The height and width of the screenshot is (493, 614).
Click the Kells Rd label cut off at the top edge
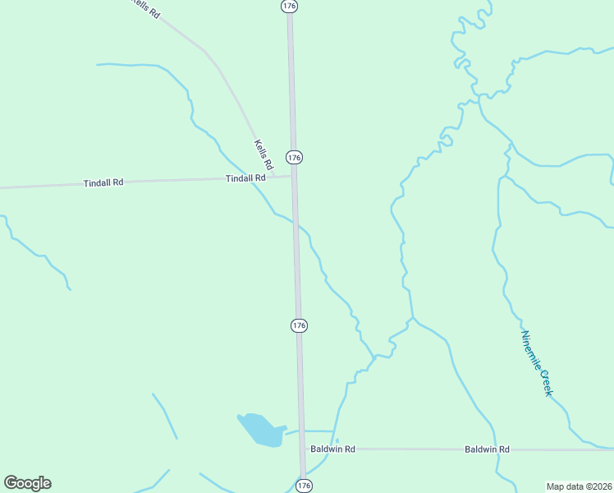click(x=147, y=8)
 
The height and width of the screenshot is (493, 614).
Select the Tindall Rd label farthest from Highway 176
click(x=103, y=182)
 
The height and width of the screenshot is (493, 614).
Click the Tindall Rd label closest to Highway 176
click(x=245, y=177)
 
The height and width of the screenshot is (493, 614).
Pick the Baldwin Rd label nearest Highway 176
click(x=332, y=449)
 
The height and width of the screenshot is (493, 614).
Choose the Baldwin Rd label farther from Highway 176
click(x=487, y=449)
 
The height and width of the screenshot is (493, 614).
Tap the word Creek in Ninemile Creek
click(x=544, y=382)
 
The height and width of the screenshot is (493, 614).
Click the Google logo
click(x=27, y=483)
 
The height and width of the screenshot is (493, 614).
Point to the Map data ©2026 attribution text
click(x=578, y=486)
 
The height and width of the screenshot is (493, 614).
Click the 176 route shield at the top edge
click(x=288, y=6)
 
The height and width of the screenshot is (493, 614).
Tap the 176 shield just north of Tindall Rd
click(x=294, y=157)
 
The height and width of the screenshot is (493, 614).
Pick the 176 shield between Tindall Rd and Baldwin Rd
click(x=299, y=325)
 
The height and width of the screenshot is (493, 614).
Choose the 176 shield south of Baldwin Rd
click(x=304, y=486)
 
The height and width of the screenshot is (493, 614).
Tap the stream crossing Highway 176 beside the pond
click(x=302, y=430)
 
